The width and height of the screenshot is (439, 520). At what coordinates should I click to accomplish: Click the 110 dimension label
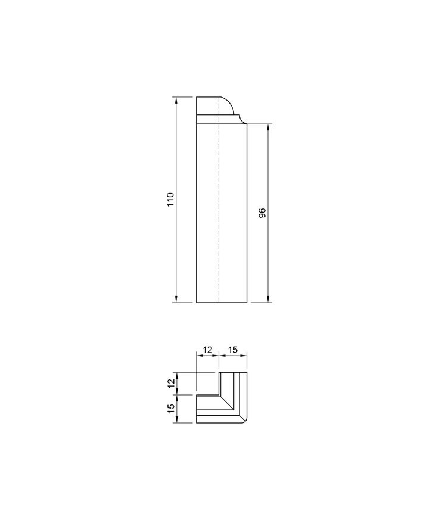[x=170, y=200]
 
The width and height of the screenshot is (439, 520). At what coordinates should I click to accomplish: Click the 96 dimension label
[x=262, y=213]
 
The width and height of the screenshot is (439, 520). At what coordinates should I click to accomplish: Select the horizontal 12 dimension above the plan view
[x=208, y=349]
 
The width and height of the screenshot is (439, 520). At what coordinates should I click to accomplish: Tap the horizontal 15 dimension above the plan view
[x=233, y=349]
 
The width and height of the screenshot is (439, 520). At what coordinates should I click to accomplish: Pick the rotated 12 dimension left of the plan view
[x=170, y=383]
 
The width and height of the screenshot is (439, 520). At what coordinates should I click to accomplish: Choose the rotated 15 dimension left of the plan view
[x=170, y=409]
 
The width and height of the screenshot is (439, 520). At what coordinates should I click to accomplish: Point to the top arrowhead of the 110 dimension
[x=176, y=99]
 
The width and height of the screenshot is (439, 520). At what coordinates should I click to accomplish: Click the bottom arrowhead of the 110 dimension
[x=176, y=299]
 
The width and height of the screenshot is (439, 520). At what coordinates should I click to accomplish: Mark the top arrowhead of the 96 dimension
[x=269, y=127]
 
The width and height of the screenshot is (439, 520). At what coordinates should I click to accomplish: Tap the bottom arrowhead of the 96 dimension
[x=269, y=299]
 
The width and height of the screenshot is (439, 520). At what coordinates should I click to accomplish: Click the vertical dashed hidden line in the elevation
[x=219, y=208]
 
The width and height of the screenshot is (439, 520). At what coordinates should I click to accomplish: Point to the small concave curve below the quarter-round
[x=239, y=119]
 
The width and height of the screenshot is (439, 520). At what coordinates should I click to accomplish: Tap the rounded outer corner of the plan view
[x=245, y=421]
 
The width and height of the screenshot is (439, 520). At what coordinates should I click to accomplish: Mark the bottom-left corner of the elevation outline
[x=197, y=303]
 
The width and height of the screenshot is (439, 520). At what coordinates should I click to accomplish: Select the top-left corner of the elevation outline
[x=197, y=96]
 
